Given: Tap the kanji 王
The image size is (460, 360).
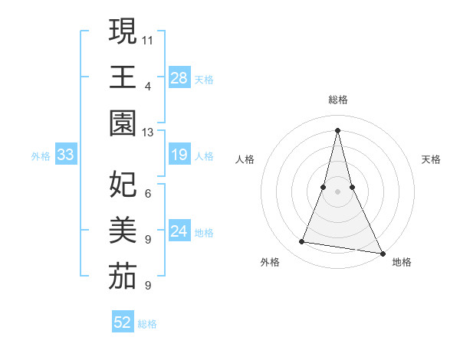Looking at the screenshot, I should (123, 77).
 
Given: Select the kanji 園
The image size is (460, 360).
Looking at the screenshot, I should (123, 123).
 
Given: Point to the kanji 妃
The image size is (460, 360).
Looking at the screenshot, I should (123, 184).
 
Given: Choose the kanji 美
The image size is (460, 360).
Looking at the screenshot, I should (123, 230).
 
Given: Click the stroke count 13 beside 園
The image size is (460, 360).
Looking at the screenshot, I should (148, 132).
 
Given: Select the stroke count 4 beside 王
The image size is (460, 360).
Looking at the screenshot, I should (148, 86).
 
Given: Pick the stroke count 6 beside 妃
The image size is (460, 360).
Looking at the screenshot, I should (148, 193).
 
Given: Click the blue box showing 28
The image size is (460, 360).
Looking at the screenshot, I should (179, 77).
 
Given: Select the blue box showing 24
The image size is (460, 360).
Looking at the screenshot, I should (179, 231).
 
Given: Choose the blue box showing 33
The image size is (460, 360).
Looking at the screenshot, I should (66, 155).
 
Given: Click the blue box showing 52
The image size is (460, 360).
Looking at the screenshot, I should (123, 322).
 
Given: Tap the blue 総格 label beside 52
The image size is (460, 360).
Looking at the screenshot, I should (147, 324).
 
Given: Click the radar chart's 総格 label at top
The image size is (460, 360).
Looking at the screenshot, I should (338, 100).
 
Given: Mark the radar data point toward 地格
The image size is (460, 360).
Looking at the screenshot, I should (382, 253).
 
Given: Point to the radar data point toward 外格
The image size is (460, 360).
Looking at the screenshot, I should (302, 242).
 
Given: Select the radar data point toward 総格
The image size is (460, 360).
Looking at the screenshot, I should (338, 129).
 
